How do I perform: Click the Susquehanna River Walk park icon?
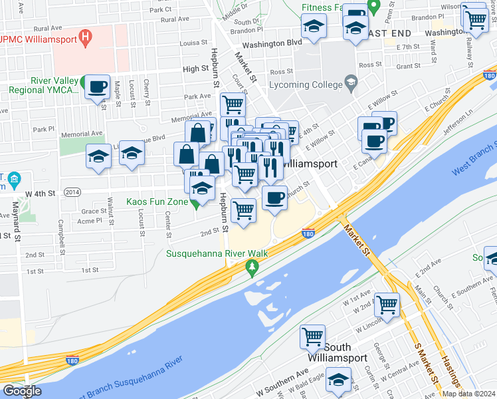point(251,268)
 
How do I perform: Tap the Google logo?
point(22,391)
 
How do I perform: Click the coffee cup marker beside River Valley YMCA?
point(98,86)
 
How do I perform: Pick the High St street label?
point(196,69)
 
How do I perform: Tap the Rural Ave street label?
point(47,29)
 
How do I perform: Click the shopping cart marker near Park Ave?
point(233,104)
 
